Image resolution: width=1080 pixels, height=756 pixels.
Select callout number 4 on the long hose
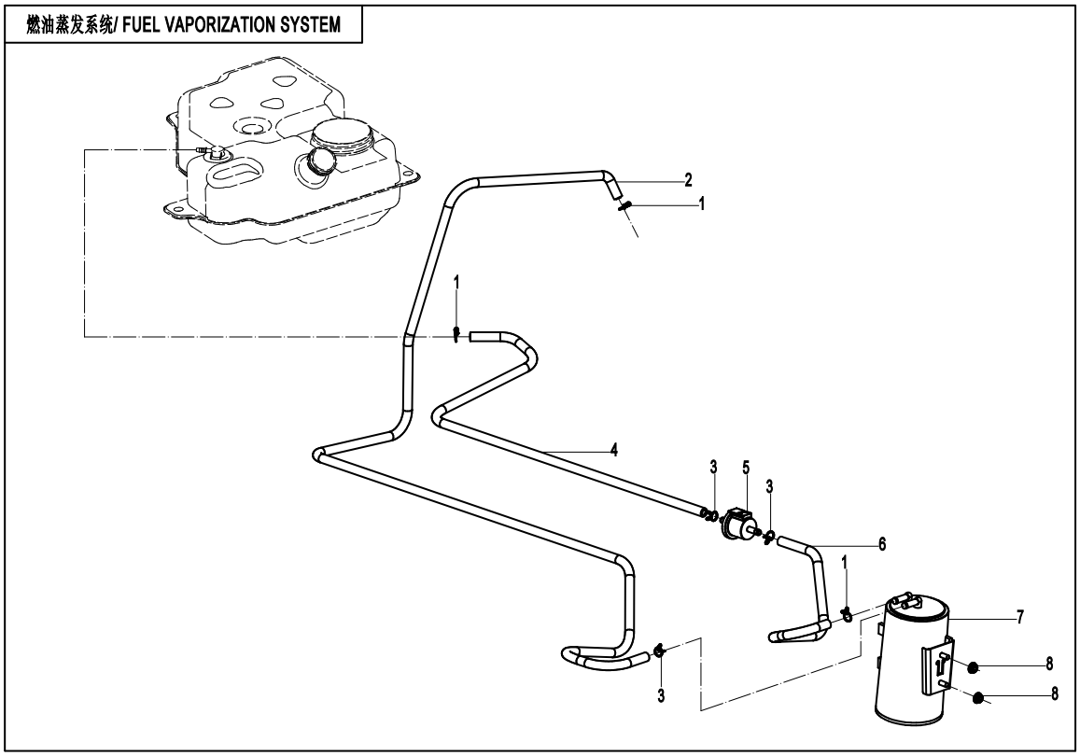click(x=613, y=450)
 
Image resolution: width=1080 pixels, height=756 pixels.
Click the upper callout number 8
click(x=1049, y=664)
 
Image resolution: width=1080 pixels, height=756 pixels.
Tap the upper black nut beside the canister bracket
click(x=973, y=666)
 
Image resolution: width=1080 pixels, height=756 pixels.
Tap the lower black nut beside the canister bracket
click(x=977, y=698)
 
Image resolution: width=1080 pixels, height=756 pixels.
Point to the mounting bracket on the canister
click(x=938, y=665)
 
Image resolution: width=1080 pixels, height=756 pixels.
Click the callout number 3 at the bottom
click(x=661, y=695)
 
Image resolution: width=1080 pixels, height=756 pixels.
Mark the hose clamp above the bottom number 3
click(x=659, y=651)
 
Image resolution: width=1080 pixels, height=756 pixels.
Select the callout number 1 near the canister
click(x=845, y=589)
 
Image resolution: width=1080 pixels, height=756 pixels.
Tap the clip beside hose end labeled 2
click(x=624, y=206)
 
